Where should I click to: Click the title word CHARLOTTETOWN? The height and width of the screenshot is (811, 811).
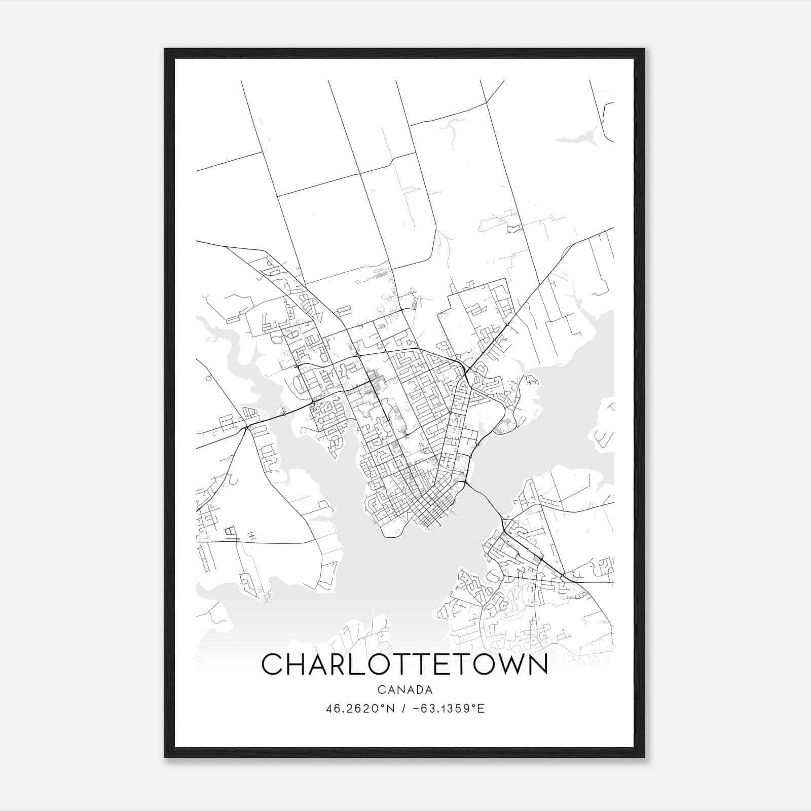tap(404, 664)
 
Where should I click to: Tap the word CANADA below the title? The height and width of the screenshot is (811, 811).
tap(404, 690)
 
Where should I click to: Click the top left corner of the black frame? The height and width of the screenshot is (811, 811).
tap(166, 50)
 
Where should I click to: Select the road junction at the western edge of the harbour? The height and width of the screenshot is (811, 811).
tap(245, 428)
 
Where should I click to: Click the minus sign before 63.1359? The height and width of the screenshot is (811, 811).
tap(416, 708)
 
